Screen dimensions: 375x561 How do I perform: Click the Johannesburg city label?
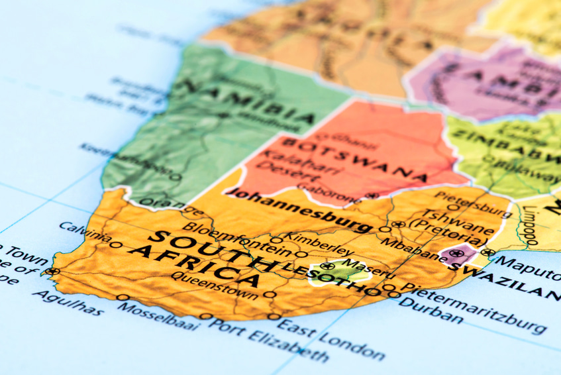click(x=298, y=211)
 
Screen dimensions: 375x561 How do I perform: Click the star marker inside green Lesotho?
click(x=327, y=266)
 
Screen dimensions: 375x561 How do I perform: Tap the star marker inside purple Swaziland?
click(x=455, y=253)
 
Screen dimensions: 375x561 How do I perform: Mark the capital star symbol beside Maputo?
click(x=488, y=252)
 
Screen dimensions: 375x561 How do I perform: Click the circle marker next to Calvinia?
click(x=117, y=245)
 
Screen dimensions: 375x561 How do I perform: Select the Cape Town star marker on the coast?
click(x=52, y=271)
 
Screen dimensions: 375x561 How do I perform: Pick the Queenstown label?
click(x=214, y=284)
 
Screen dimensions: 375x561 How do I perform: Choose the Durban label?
click(x=432, y=309)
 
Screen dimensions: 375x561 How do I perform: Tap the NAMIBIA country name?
click(x=249, y=103)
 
